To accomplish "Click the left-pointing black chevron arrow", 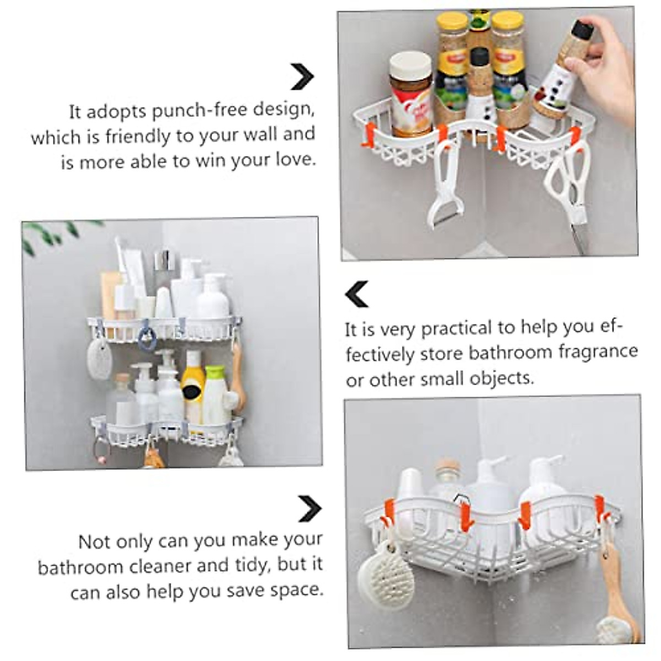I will pyautogui.click(x=356, y=294).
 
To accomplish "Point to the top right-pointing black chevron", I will pyautogui.click(x=302, y=77).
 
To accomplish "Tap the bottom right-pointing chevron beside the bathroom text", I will pyautogui.click(x=310, y=508).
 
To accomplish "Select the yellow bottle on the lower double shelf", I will pyautogui.click(x=193, y=386).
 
